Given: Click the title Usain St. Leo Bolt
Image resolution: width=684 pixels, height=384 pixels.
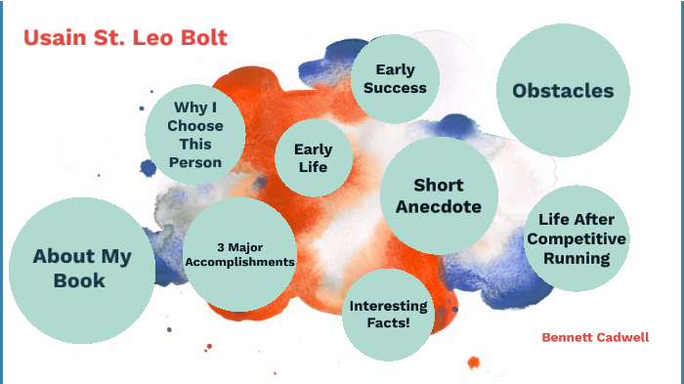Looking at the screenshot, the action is [x=125, y=38].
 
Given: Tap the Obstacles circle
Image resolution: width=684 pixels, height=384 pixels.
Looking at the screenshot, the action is [x=563, y=91].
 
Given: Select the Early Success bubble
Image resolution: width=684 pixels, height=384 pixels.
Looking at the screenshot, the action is [x=388, y=78].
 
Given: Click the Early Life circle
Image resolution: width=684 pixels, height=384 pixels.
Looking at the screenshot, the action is [x=313, y=158].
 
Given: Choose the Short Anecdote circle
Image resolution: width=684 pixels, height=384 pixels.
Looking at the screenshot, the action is [x=438, y=195].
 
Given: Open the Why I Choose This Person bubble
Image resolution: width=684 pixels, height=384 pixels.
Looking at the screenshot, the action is [x=194, y=135].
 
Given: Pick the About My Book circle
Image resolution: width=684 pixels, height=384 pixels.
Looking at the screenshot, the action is [x=81, y=269].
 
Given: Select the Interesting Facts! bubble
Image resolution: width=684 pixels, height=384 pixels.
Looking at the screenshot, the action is [x=388, y=315].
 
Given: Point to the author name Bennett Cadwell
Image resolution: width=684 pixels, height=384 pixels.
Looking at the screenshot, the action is [x=595, y=337].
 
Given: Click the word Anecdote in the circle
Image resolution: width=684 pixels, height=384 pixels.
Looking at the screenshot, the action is [x=438, y=207].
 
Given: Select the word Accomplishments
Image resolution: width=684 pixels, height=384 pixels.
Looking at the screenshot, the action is [x=240, y=262].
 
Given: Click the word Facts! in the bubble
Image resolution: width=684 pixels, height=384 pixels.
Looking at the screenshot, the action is [x=388, y=324].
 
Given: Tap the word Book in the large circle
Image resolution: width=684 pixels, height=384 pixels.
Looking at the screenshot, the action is [x=81, y=280].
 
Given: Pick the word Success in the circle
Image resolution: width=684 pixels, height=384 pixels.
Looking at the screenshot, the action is [x=388, y=88].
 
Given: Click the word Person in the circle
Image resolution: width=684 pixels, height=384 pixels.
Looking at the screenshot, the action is [x=194, y=162].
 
